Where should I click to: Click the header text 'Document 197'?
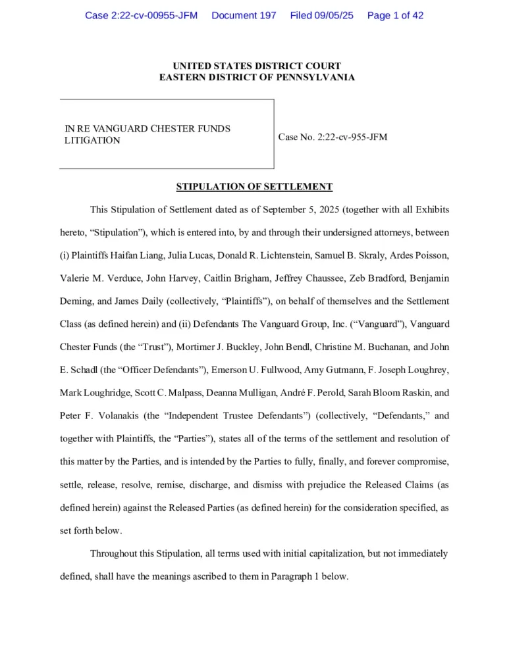pos(244,15)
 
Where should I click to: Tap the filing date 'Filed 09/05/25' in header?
pos(321,15)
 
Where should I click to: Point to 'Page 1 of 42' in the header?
pos(395,15)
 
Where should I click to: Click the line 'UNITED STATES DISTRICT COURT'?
pos(257,66)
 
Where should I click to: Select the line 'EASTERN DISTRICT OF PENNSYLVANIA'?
pos(257,78)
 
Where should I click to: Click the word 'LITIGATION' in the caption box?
pos(92,140)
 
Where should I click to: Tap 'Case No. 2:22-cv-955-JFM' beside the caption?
pos(333,138)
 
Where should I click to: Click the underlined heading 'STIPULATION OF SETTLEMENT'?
pos(254,187)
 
